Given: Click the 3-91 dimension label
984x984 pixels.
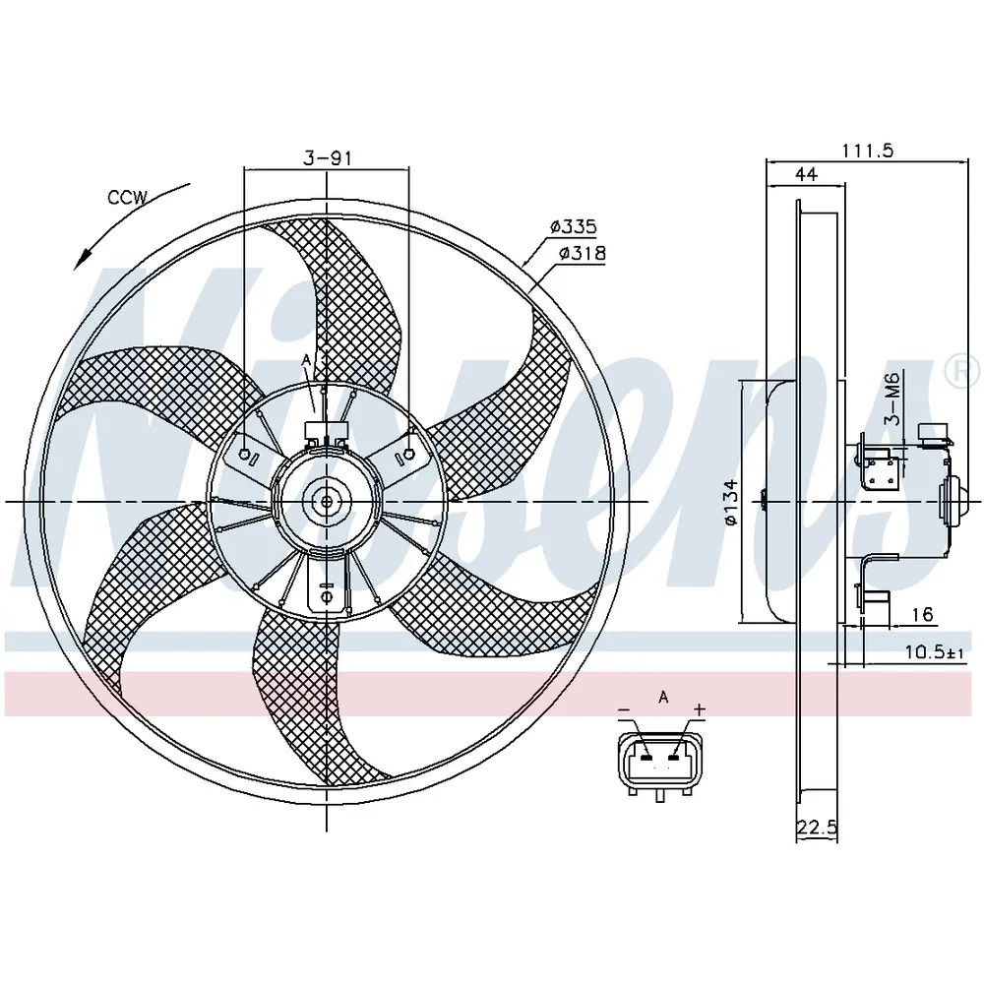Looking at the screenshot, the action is [328, 158].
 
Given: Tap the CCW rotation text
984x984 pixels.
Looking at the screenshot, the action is [127, 198].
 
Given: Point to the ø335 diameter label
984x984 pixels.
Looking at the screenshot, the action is [573, 226].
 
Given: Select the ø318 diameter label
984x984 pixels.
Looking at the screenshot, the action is [583, 253].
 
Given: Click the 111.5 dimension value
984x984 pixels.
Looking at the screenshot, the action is [867, 151].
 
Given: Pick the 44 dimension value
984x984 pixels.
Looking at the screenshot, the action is [807, 174].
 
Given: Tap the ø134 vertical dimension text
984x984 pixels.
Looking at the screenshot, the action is [730, 502].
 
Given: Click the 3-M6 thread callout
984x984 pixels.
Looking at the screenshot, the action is [892, 399].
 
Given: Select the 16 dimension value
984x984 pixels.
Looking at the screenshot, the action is [923, 614].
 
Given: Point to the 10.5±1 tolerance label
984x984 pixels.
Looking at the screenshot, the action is [935, 652].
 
